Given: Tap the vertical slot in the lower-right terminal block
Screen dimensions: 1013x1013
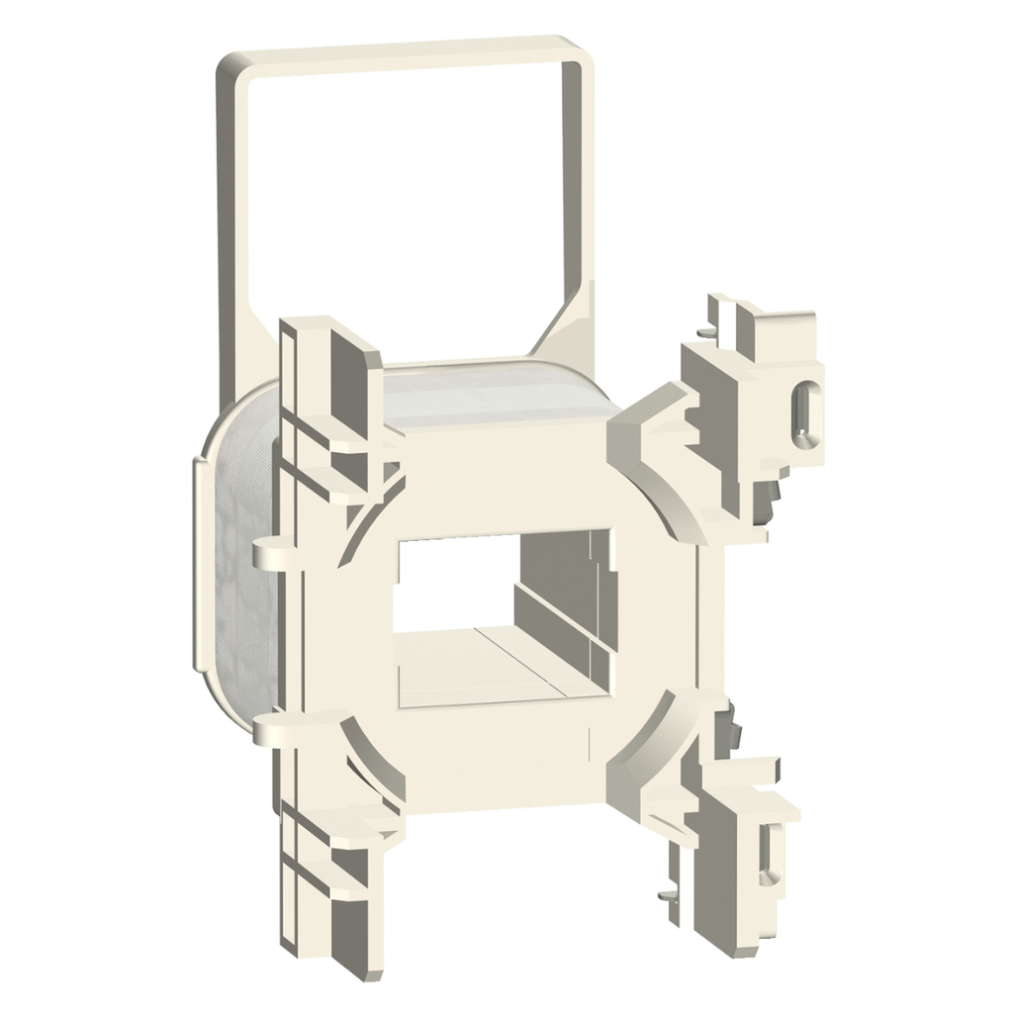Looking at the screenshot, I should [766, 850].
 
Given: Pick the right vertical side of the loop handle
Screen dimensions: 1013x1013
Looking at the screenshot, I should [585, 198].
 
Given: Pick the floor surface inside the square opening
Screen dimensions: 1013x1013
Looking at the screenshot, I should [475, 673].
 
